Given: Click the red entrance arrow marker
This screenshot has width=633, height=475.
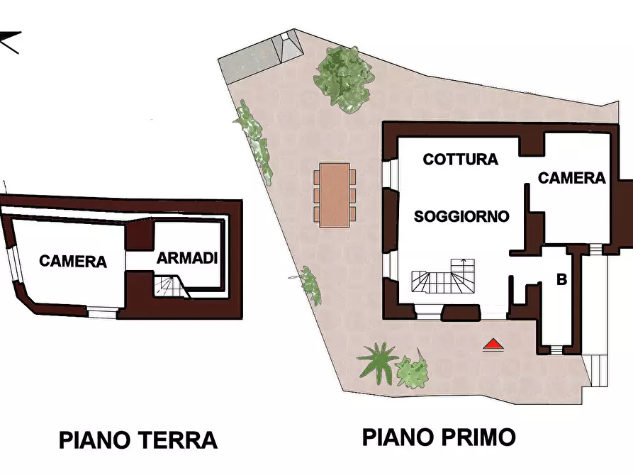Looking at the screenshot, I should click(493, 345).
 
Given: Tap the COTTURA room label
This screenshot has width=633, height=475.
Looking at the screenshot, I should click(460, 160).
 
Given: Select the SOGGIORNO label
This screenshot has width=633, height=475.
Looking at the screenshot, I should click(461, 216).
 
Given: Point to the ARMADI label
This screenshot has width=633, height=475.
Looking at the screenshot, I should click(186, 258).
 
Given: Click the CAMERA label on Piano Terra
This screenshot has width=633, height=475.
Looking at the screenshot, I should click(73, 262).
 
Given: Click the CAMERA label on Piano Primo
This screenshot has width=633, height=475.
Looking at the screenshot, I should click(572, 178).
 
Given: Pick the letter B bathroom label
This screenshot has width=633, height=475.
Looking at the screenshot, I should click(561, 280).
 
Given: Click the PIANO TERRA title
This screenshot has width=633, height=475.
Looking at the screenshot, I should click(138, 440).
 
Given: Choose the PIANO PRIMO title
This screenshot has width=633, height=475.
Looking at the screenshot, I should click(439, 437).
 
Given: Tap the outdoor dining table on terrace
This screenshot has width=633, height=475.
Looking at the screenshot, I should click(335, 195).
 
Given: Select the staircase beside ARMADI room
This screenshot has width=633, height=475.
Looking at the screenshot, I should click(169, 286).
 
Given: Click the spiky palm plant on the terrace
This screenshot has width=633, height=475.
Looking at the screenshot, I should click(377, 360).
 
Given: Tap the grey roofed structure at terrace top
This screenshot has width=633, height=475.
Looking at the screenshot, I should click(260, 58).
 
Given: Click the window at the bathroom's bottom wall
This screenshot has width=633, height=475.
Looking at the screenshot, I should click(556, 350).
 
